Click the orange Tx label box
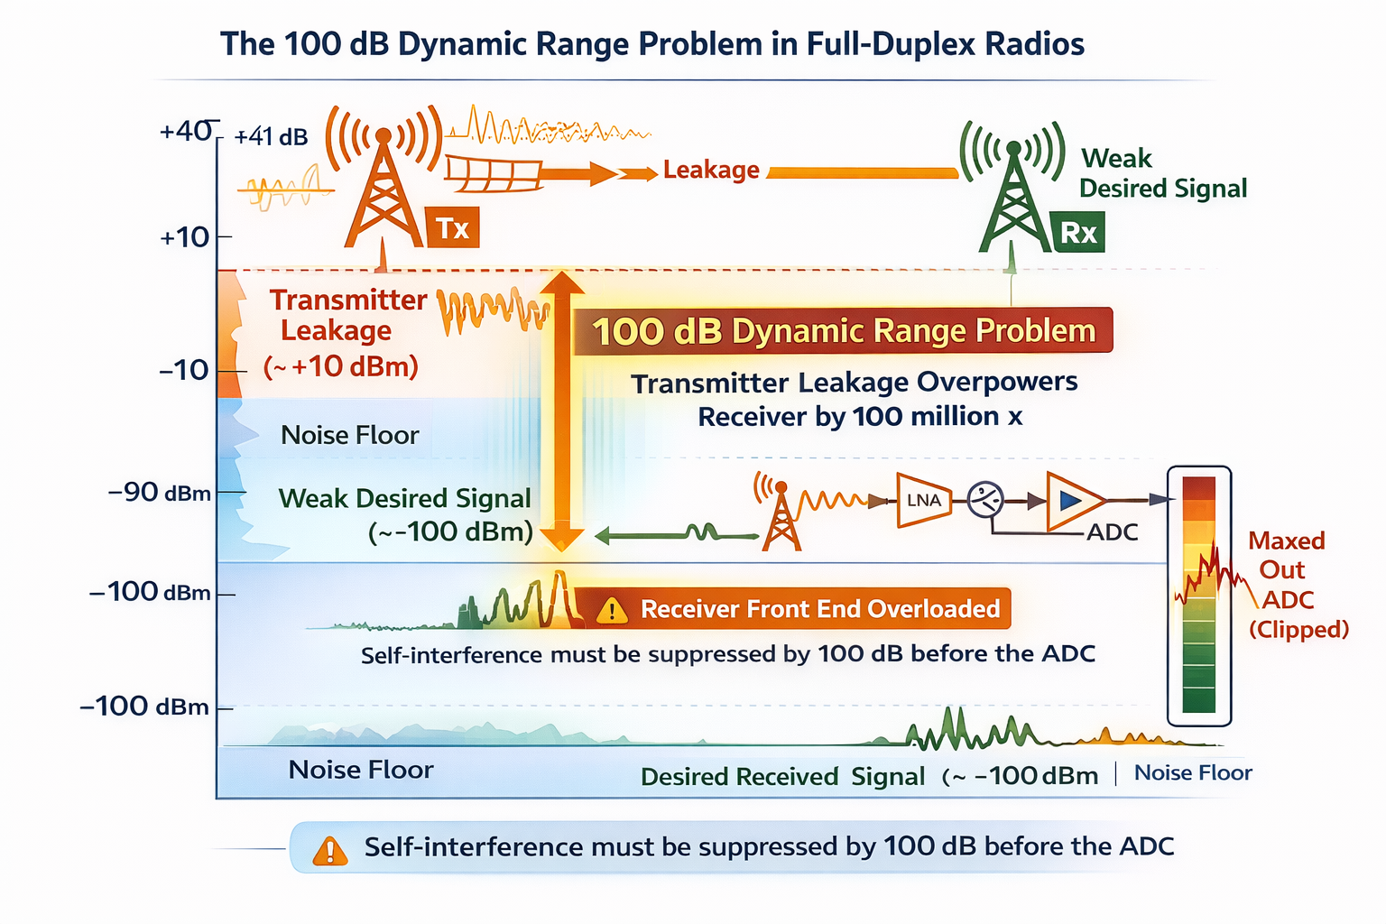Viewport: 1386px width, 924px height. point(453,227)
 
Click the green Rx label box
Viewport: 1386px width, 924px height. point(1078,232)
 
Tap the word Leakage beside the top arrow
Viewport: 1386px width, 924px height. point(711,170)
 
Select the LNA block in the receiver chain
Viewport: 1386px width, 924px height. point(924,500)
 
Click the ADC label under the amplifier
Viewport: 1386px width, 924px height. point(1112,532)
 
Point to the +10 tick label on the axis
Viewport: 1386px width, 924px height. point(185,237)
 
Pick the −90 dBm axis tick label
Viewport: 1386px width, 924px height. point(160,493)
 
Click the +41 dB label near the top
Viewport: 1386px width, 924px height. point(271,137)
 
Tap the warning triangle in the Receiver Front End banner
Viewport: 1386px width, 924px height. point(613,611)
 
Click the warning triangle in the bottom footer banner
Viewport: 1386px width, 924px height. point(330,850)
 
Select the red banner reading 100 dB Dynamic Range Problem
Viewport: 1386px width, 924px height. point(843,331)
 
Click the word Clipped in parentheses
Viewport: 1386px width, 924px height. point(1298,629)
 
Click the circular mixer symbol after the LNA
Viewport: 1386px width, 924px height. point(984,499)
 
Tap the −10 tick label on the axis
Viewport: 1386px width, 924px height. point(184,370)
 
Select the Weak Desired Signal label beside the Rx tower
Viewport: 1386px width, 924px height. point(1162,173)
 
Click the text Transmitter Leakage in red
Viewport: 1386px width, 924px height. point(347,315)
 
